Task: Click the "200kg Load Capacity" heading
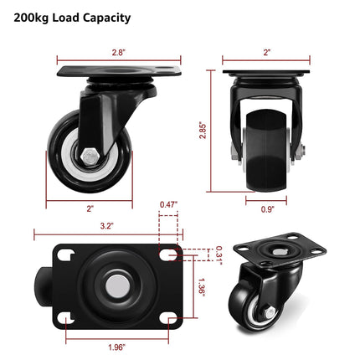tap(72, 17)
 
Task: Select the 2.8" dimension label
tap(118, 52)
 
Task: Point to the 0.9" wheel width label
tap(266, 209)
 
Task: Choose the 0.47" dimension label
tap(168, 204)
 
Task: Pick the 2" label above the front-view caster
tap(266, 52)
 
